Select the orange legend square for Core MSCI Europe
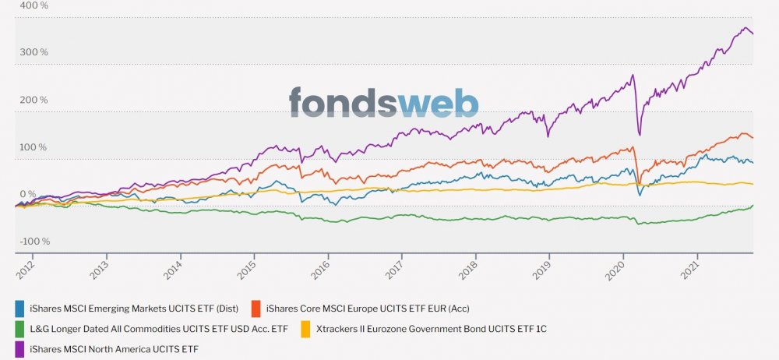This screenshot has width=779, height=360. click(x=256, y=308)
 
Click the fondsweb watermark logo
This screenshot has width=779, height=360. click(x=383, y=103)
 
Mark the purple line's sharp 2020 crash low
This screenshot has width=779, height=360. click(x=640, y=134)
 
